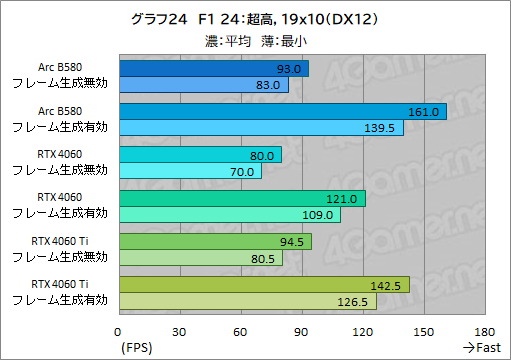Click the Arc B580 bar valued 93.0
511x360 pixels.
coord(213,68)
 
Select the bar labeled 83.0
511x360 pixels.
coord(203,85)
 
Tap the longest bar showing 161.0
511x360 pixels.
coord(282,111)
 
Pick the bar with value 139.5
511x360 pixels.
coord(260,128)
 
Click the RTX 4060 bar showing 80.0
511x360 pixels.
coord(200,155)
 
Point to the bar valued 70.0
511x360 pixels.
coord(190,171)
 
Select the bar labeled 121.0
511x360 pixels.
coord(241,198)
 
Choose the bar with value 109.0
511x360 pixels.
coord(229,214)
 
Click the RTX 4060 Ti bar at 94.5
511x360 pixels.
coord(215,241)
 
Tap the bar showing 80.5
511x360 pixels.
coord(200,258)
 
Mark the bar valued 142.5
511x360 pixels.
coord(263,285)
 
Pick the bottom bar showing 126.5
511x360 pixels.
coord(247,301)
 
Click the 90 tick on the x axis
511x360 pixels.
coord(301,332)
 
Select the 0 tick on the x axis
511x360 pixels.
coord(119,332)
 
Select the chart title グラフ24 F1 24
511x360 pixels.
coord(254,18)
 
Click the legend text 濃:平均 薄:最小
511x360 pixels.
coord(254,41)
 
